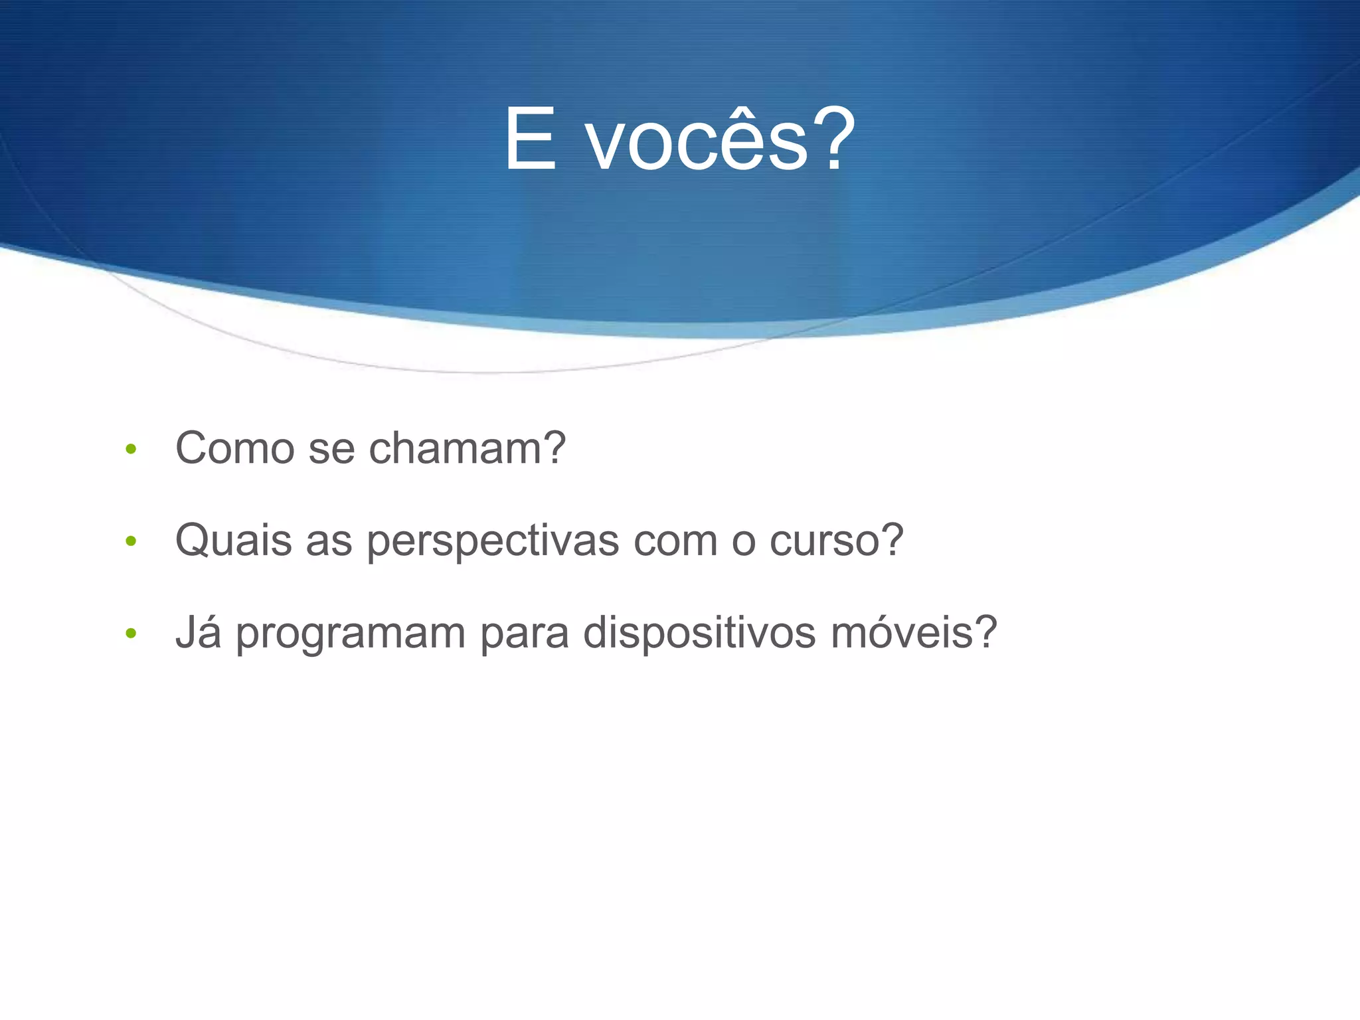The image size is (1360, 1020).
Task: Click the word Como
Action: tap(234, 448)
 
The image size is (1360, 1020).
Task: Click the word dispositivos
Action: tap(699, 633)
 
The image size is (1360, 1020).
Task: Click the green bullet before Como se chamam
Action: tap(131, 450)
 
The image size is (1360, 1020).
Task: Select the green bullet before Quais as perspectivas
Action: tap(131, 541)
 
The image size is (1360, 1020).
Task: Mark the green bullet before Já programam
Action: tap(131, 634)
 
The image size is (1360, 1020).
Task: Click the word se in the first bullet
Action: tap(331, 450)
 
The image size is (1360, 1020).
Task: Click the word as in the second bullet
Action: tap(329, 541)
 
